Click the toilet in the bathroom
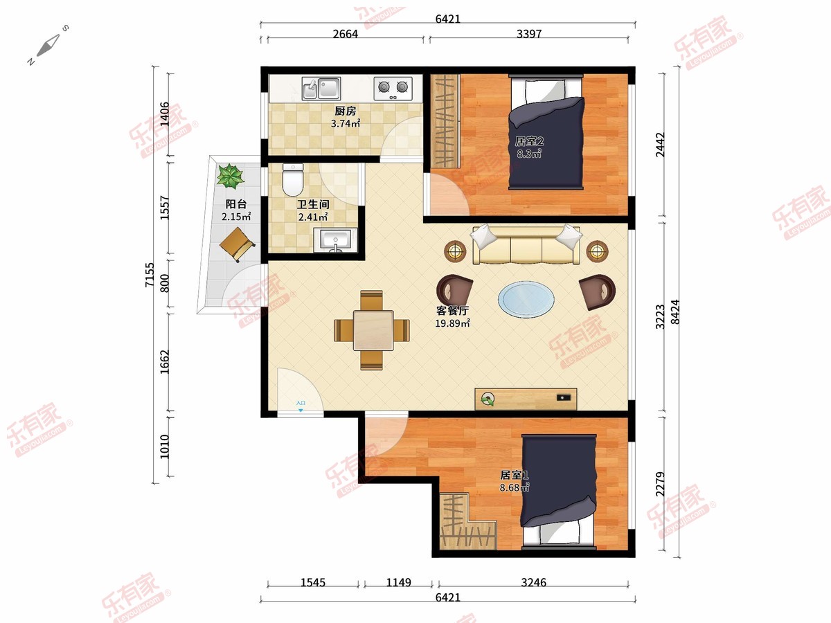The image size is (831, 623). click(x=293, y=180)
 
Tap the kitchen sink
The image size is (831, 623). click(x=321, y=89)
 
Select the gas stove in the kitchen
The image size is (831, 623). click(x=393, y=89)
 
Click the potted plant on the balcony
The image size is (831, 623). click(x=230, y=176)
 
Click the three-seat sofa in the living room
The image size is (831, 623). click(x=526, y=245)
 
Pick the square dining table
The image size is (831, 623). click(x=373, y=330)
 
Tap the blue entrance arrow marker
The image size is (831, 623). click(x=301, y=410)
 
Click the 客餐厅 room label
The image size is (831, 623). click(x=452, y=311)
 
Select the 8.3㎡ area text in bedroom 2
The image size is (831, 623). click(x=529, y=154)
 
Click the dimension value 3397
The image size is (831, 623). click(x=529, y=34)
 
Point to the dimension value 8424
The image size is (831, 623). click(x=674, y=311)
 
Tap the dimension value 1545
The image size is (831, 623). click(x=313, y=582)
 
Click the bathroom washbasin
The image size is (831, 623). click(x=335, y=240)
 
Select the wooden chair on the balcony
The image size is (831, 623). click(x=237, y=244)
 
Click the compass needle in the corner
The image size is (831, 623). click(x=48, y=45)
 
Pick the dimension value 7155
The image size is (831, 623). click(x=150, y=275)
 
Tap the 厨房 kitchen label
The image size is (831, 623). click(x=346, y=111)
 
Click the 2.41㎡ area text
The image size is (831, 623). click(x=313, y=217)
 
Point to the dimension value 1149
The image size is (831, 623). click(x=398, y=582)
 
